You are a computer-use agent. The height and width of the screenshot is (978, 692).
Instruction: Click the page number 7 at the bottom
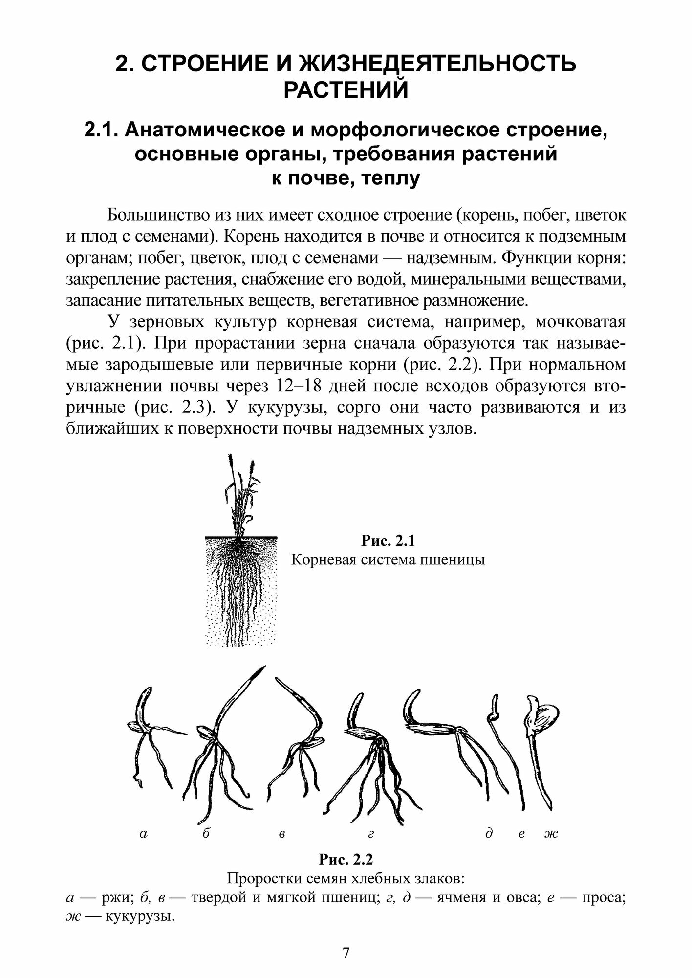click(346, 953)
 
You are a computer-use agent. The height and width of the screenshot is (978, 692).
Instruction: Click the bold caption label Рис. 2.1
click(388, 541)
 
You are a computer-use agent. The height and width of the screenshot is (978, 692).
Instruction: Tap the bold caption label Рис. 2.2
click(346, 859)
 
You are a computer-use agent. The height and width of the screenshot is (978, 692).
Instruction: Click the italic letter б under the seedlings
click(206, 834)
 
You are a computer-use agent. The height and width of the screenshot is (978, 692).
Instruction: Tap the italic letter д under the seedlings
click(488, 834)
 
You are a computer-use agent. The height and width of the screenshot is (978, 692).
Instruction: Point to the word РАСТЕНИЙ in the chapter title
click(346, 90)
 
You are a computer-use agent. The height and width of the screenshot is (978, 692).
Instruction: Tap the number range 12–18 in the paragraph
click(299, 386)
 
